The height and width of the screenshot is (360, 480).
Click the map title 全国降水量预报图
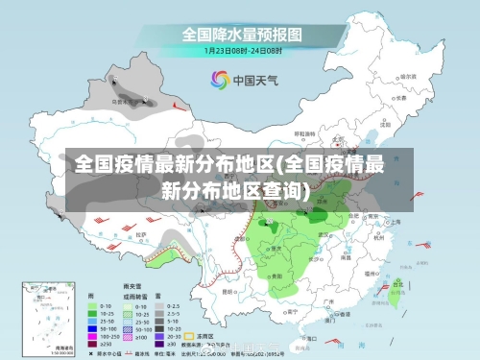pyautogui.click(x=242, y=34)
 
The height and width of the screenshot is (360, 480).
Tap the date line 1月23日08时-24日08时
pyautogui.click(x=242, y=50)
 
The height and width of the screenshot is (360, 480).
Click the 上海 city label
pyautogui.click(x=396, y=220)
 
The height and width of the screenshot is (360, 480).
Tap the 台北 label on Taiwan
pyautogui.click(x=396, y=283)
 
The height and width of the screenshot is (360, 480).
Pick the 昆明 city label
pyautogui.click(x=228, y=289)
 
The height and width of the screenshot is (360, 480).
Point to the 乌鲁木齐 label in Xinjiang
pyautogui.click(x=121, y=100)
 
